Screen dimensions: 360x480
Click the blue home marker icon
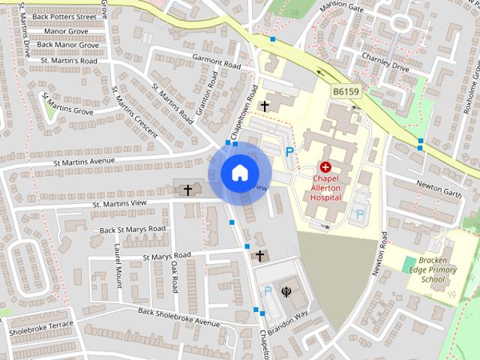(238, 173)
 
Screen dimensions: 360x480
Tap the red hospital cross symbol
(325, 167)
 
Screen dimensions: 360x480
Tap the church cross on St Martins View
(187, 190)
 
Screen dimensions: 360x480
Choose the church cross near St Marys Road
(260, 256)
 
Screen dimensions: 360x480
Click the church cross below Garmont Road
(264, 106)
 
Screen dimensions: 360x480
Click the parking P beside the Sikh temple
(266, 291)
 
